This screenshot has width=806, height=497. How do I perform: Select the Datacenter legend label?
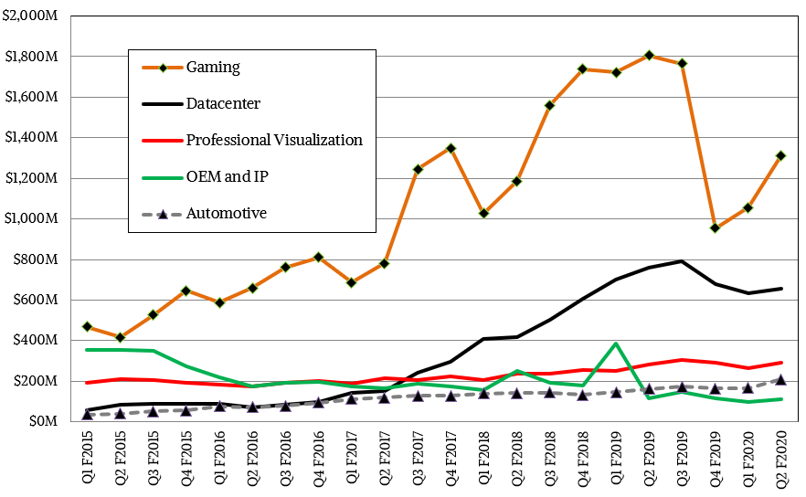(223, 103)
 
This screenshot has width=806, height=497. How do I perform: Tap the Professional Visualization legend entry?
(274, 140)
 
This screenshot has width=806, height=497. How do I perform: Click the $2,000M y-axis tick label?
(33, 16)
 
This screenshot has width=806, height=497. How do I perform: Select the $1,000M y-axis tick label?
(33, 218)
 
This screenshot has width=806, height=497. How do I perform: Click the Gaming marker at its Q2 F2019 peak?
(649, 56)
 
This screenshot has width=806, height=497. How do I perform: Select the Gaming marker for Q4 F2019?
(716, 227)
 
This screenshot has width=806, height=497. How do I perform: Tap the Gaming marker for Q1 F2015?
(88, 326)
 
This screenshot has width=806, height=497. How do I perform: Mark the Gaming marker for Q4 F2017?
(451, 148)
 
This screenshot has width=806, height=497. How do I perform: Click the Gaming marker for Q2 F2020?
(781, 155)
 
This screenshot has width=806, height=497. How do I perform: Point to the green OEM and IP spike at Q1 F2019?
(616, 344)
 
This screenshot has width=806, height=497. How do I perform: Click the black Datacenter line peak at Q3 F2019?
(682, 261)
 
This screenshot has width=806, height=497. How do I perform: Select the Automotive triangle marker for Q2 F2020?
(781, 379)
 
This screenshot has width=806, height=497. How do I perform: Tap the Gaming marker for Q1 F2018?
(483, 213)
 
